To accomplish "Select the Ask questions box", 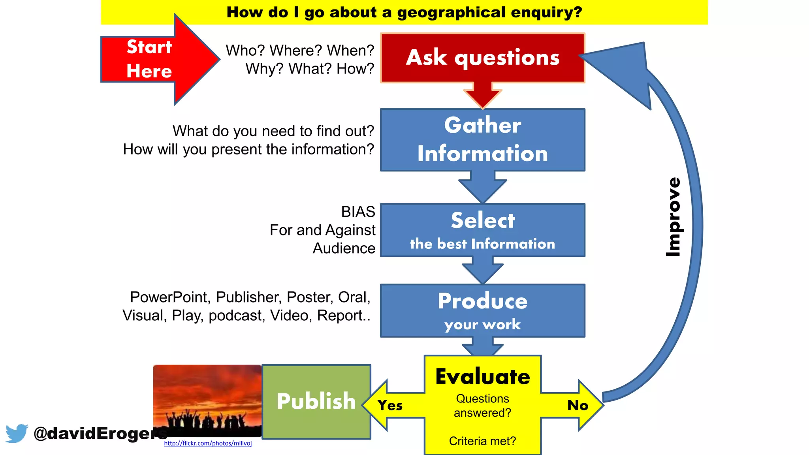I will pos(482,58).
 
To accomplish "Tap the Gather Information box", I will pos(482,139).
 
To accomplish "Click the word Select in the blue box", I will pos(483,220).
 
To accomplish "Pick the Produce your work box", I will pos(482,310).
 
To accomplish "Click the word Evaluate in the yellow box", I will pos(482,376).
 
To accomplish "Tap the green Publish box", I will pos(316,401).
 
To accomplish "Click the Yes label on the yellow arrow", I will pos(390,406).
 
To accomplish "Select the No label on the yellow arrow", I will pos(578,405).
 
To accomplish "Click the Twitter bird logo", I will pos(17,433).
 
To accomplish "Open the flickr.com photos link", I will pos(208,444).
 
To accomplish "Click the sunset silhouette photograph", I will pos(207,399).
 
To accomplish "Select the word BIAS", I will pos(358,212).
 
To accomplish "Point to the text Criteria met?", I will pos(482,441).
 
